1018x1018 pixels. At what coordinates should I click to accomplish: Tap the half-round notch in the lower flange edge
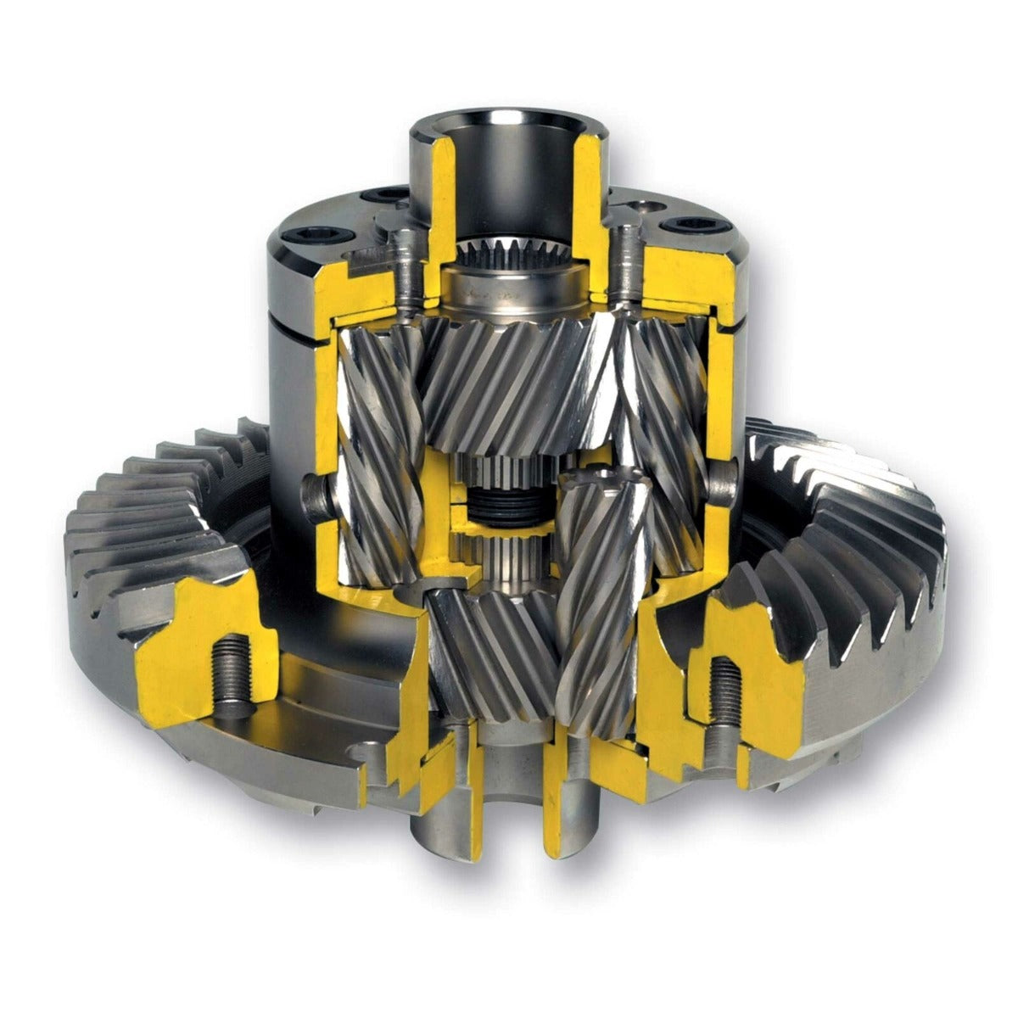(366, 751)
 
